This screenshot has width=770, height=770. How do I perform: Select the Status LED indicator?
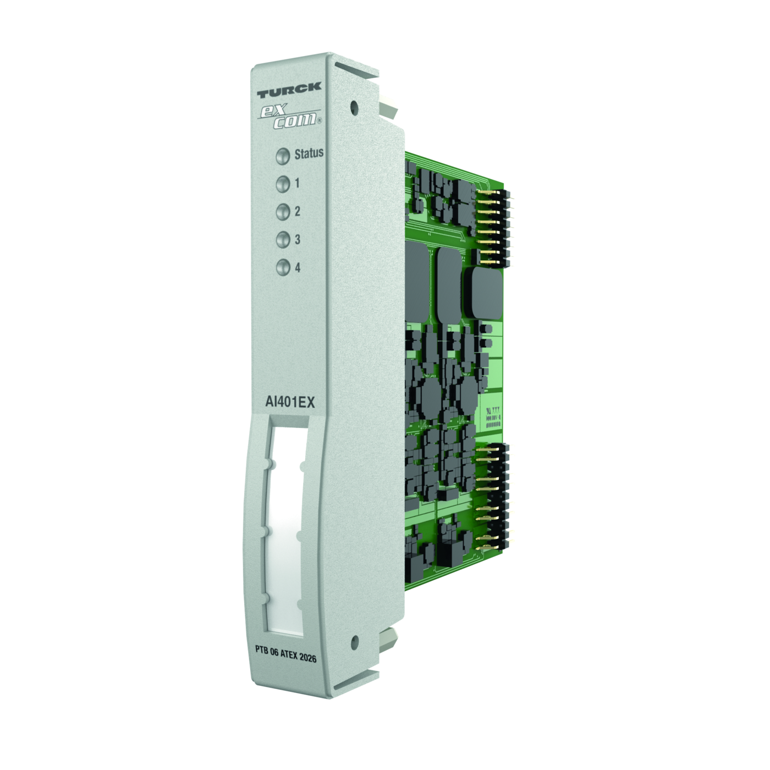click(x=283, y=156)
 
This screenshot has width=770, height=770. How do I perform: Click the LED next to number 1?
click(x=283, y=185)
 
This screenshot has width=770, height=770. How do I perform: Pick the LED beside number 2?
click(x=283, y=212)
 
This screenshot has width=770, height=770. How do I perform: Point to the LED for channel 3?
click(x=283, y=240)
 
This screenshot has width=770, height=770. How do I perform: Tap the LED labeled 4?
click(x=283, y=267)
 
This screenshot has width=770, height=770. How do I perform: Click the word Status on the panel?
click(x=309, y=153)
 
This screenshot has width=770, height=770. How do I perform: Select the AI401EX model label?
click(x=290, y=403)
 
